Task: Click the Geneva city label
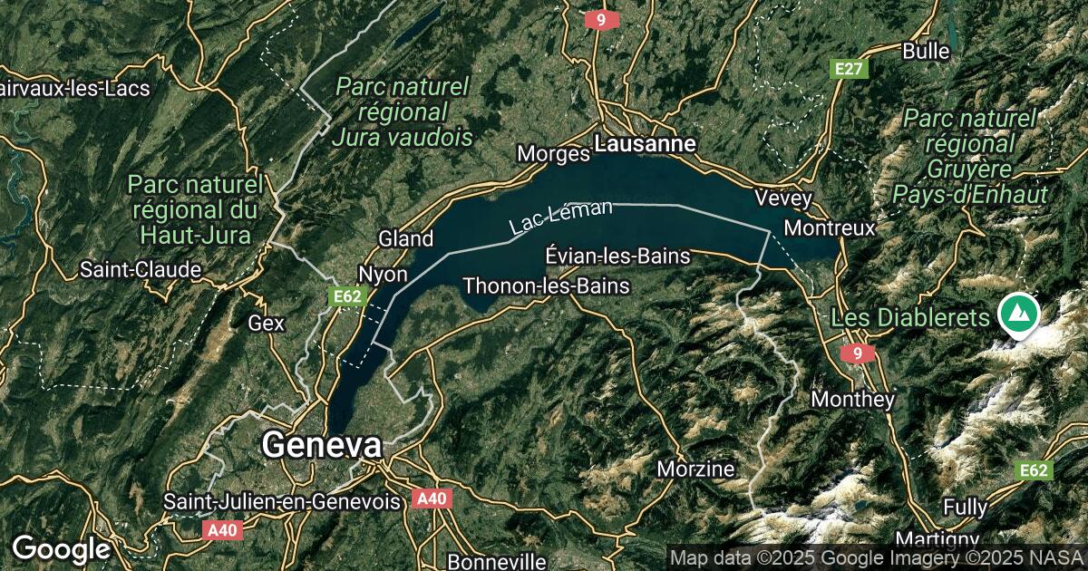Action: click(322, 446)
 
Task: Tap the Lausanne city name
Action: click(645, 144)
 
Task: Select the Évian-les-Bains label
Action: click(618, 256)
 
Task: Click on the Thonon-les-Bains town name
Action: click(546, 285)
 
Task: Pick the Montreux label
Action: click(830, 227)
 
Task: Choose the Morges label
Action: click(553, 154)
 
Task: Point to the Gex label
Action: click(267, 323)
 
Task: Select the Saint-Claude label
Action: click(141, 269)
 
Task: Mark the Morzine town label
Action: click(695, 469)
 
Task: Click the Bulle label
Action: click(926, 51)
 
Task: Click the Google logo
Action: click(61, 548)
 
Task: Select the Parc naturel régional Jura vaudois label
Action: click(403, 112)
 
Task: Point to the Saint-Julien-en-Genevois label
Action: click(281, 501)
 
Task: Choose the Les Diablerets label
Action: click(910, 318)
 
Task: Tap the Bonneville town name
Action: click(497, 561)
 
